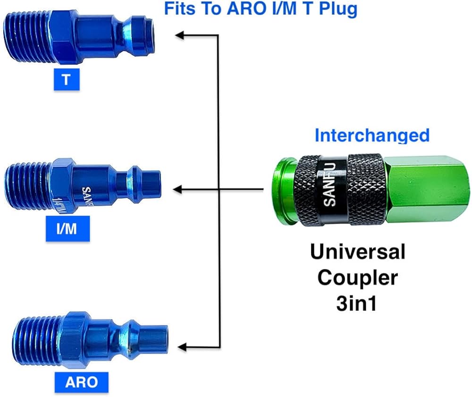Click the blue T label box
coord(66,79)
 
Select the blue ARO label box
coord(81,381)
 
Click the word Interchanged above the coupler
coord(372,135)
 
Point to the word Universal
coord(357,252)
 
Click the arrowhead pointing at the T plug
coord(180,34)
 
